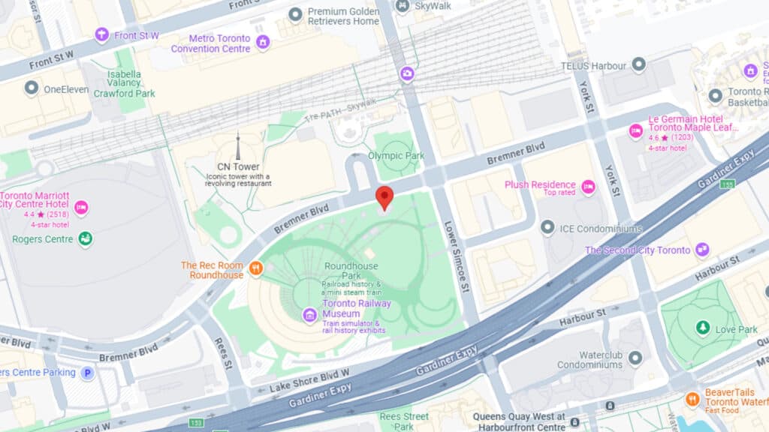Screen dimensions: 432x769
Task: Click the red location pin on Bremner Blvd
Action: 384,196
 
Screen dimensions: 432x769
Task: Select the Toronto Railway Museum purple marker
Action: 309,315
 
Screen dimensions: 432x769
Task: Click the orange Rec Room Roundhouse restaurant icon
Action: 257,268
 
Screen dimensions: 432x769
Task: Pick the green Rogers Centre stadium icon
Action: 86,238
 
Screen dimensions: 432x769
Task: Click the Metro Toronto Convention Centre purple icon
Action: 263,42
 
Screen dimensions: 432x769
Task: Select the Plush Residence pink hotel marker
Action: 588,187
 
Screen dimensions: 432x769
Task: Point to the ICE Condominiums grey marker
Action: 547,227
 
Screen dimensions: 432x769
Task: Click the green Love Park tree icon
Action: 703,328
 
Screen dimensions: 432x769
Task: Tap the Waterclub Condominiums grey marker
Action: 635,358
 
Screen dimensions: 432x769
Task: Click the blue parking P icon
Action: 88,373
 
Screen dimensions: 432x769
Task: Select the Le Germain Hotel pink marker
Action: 636,131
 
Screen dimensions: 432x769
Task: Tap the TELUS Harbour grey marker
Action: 639,64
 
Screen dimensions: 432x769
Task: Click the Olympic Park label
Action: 396,156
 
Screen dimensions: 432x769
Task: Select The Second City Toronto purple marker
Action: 702,250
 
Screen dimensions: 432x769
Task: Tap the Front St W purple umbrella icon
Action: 102,34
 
